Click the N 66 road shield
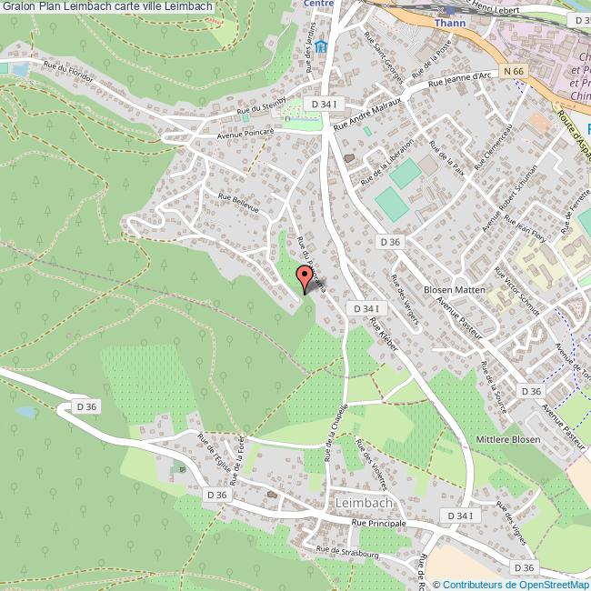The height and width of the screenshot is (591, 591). point(516,71)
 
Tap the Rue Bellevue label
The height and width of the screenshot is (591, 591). point(237,201)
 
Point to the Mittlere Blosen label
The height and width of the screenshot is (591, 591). point(508,439)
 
